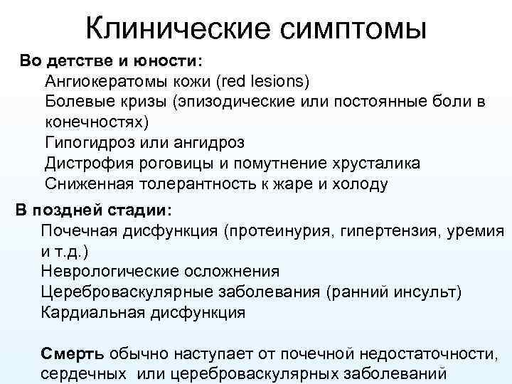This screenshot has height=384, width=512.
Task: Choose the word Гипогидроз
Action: pyautogui.click(x=89, y=143)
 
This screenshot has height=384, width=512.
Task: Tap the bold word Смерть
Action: pyautogui.click(x=73, y=353)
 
